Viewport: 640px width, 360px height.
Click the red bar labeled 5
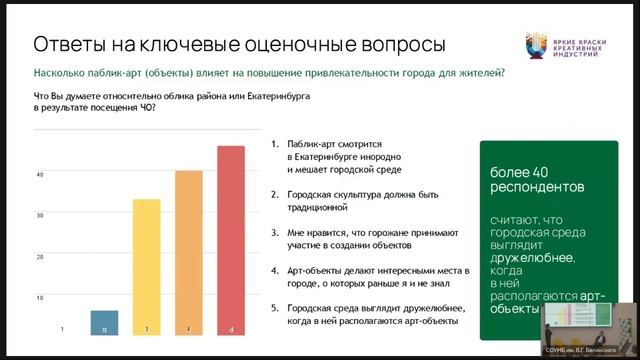pyautogui.click(x=231, y=240)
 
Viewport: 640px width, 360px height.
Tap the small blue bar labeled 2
pyautogui.click(x=104, y=322)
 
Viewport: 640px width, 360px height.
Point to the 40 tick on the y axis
pyautogui.click(x=40, y=174)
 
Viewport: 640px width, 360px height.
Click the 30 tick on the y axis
pyautogui.click(x=40, y=215)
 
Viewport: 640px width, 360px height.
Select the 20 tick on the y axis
pyautogui.click(x=40, y=256)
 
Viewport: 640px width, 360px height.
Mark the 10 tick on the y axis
pyautogui.click(x=40, y=297)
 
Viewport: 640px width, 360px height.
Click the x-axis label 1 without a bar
pyautogui.click(x=62, y=329)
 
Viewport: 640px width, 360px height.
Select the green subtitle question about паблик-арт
pyautogui.click(x=268, y=73)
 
